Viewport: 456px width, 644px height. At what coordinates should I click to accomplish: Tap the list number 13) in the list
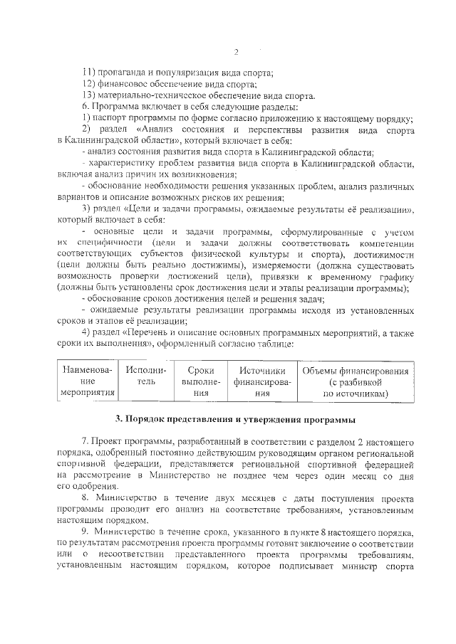[x=89, y=96]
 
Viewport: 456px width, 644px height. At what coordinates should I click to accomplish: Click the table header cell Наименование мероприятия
[x=88, y=381]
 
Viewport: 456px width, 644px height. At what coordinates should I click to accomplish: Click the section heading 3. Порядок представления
[x=235, y=418]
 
